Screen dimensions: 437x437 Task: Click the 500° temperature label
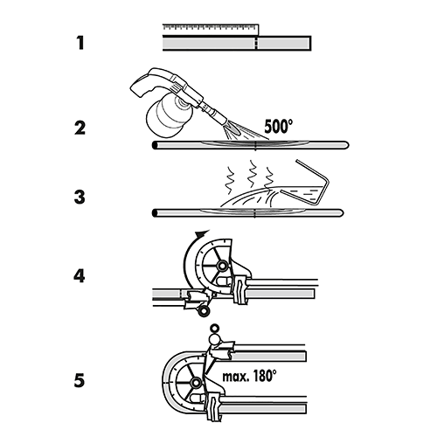[280, 125]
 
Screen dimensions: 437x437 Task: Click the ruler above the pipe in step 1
[210, 31]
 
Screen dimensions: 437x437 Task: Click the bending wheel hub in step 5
[194, 381]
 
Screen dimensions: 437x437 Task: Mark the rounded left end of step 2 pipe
[155, 144]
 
